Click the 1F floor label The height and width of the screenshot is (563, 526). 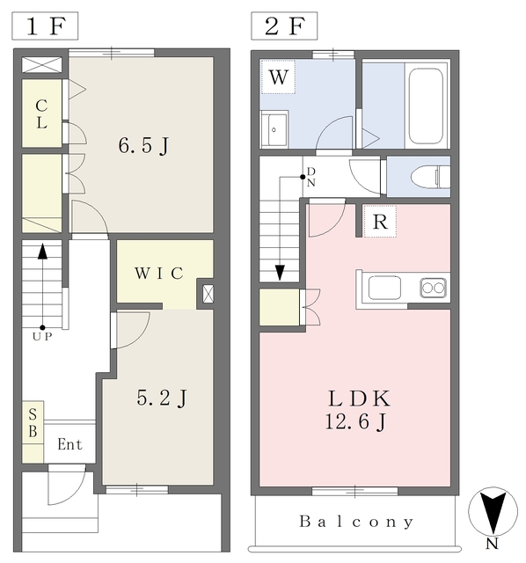[45, 26]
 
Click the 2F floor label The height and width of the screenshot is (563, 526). [284, 26]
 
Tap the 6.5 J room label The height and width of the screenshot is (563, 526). [143, 146]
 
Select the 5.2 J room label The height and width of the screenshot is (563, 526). [162, 398]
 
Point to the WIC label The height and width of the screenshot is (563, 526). [159, 274]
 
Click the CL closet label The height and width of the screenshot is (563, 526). [41, 114]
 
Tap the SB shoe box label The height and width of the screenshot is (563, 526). [33, 423]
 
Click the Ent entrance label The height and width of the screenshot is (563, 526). [69, 444]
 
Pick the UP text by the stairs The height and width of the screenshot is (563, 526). [42, 337]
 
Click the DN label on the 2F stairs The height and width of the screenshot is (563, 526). [310, 177]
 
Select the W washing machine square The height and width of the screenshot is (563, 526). [278, 77]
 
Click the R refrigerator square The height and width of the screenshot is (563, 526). [380, 222]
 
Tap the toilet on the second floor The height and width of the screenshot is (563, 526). [430, 177]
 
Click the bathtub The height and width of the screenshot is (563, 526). [426, 106]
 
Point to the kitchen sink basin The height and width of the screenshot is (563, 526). [384, 288]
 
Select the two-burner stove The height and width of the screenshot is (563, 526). [433, 288]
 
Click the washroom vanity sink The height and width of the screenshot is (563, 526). [274, 129]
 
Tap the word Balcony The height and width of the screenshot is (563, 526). [356, 522]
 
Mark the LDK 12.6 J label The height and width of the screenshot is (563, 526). [358, 410]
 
